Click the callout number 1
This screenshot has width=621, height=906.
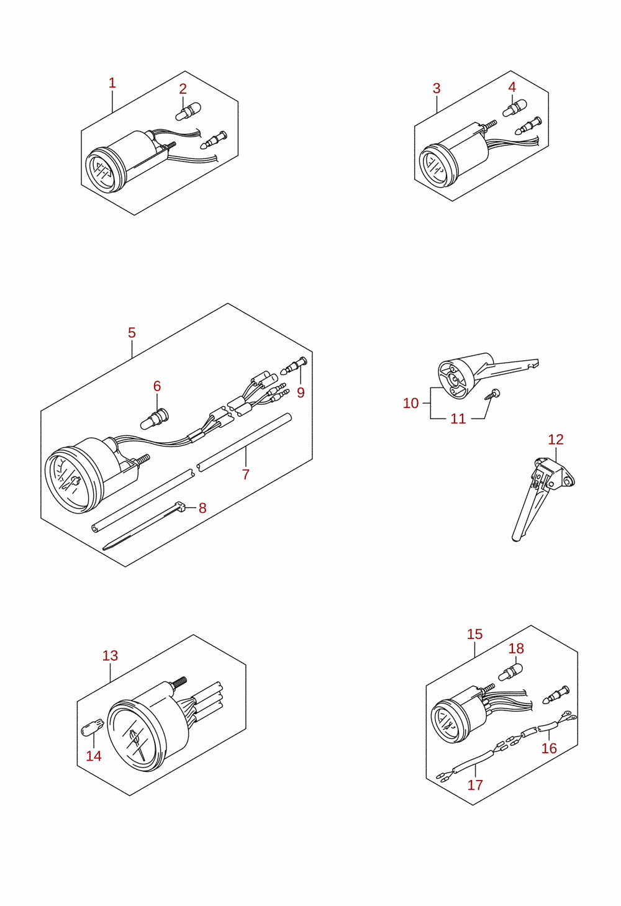[x=112, y=83]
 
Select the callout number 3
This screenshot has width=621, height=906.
[x=437, y=88]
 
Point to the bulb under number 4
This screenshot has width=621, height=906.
[x=515, y=108]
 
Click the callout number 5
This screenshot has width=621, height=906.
[x=132, y=333]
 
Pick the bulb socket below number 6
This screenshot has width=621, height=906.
[x=155, y=419]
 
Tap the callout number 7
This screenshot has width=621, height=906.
[x=245, y=474]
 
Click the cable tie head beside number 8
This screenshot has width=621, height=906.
[x=180, y=506]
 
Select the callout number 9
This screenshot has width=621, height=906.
[x=301, y=392]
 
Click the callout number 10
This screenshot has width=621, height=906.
[x=410, y=403]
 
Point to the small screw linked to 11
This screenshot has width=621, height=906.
[x=492, y=394]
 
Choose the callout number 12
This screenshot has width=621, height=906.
[x=556, y=439]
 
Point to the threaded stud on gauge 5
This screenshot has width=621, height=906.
[x=143, y=459]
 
